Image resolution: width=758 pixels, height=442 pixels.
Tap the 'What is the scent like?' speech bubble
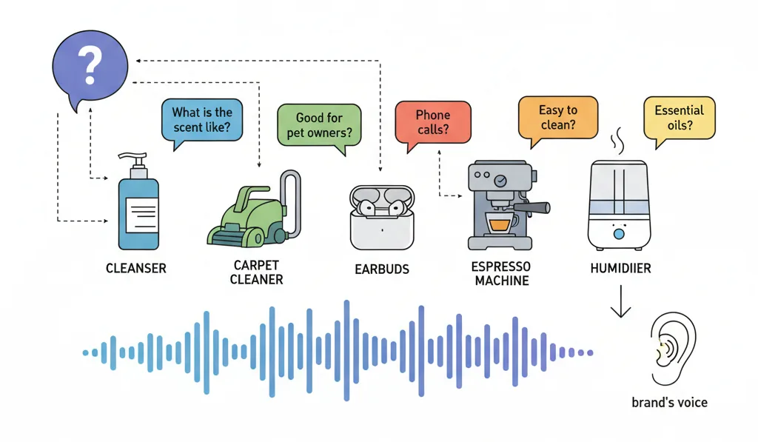click(x=201, y=121)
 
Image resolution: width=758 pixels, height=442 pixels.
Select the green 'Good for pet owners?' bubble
click(x=319, y=126)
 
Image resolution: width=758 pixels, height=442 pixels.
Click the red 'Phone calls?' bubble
click(x=432, y=123)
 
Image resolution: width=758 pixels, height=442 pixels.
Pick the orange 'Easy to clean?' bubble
click(x=558, y=118)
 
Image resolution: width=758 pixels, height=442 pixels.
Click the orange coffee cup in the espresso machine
click(x=500, y=224)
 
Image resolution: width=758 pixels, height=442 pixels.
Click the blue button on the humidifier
click(x=619, y=235)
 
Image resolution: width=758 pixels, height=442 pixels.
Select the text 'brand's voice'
click(x=669, y=402)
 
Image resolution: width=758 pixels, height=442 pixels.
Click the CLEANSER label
click(x=136, y=269)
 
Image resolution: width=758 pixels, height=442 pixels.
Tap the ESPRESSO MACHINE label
click(x=501, y=274)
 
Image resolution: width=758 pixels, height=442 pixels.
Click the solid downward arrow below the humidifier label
click(x=620, y=301)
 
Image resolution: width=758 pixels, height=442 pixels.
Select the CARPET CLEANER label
click(x=256, y=272)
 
